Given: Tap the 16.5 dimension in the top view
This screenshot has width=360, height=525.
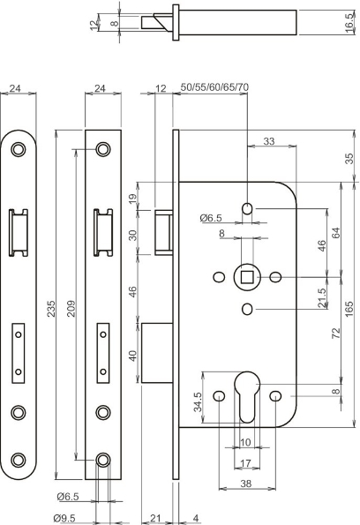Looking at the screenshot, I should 350,27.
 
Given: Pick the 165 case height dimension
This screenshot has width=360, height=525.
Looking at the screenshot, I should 349,308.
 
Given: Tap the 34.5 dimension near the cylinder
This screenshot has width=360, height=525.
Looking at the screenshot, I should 197,402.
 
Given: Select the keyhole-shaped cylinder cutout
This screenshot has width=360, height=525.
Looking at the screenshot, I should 248,404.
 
